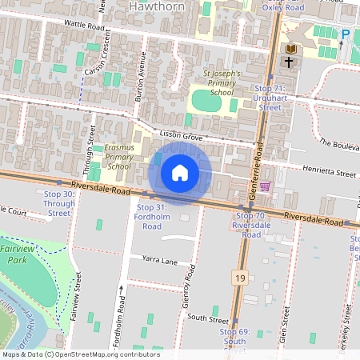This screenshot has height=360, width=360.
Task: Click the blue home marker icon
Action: pos(180,173)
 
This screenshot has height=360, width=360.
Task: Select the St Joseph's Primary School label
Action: pos(211,82)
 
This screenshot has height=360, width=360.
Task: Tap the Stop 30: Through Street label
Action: pos(58,204)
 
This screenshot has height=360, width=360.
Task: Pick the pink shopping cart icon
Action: pos(265,186)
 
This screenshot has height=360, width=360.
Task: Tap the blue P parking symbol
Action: pos(346,34)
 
